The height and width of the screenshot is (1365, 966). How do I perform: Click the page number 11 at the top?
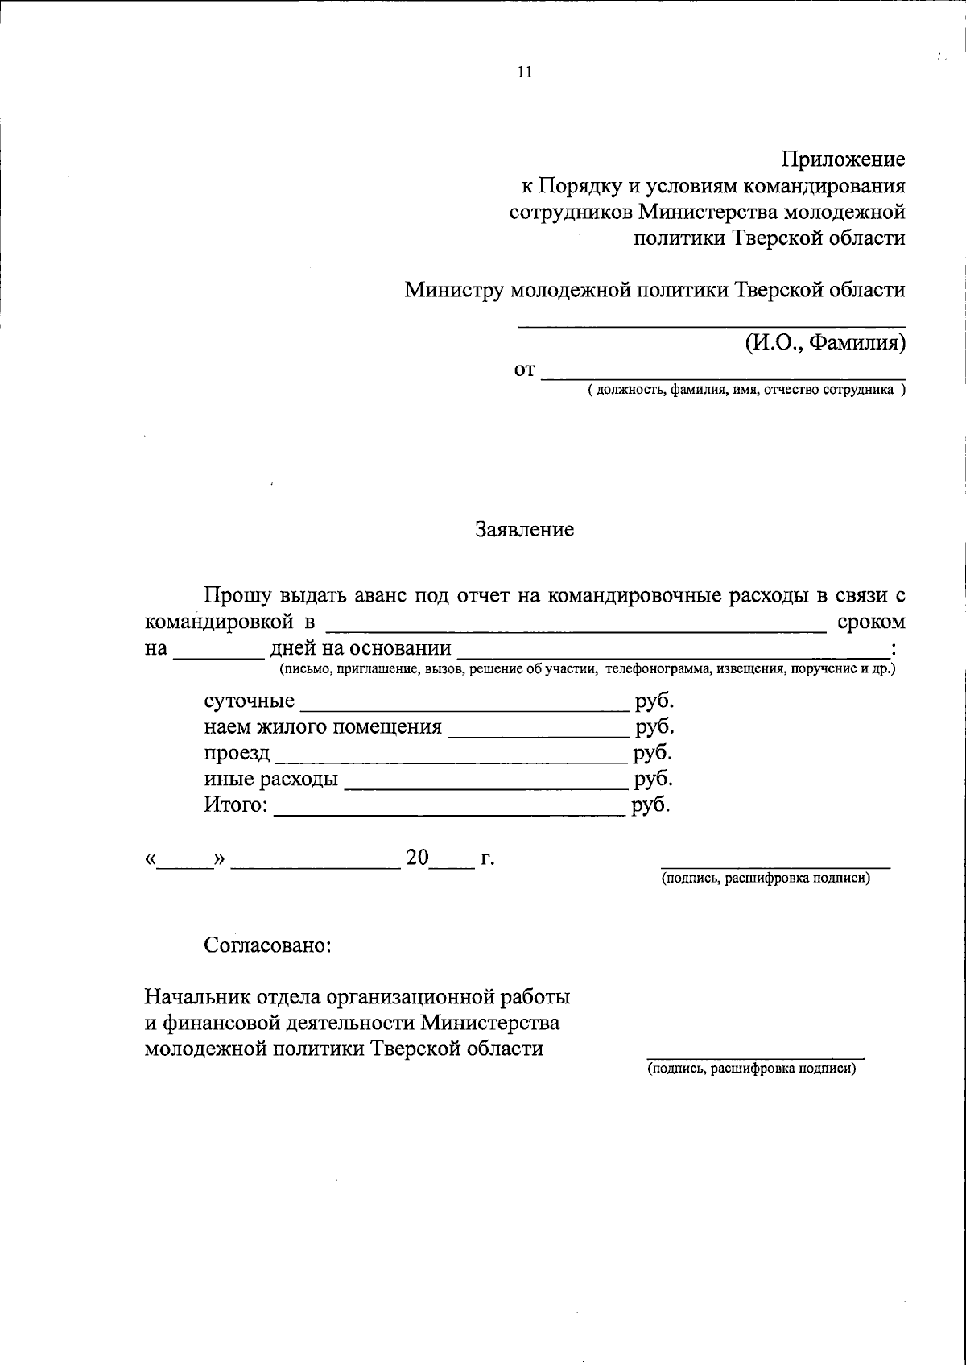[525, 72]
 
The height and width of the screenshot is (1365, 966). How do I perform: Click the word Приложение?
[844, 159]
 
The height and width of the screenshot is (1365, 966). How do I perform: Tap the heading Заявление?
[525, 529]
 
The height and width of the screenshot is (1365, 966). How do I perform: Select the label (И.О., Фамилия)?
[825, 343]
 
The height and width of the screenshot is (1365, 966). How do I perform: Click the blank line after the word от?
[723, 374]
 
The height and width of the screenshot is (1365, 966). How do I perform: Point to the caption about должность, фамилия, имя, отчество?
[745, 391]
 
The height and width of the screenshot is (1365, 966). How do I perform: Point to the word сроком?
[871, 622]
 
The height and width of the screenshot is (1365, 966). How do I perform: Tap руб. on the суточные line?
[654, 701]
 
